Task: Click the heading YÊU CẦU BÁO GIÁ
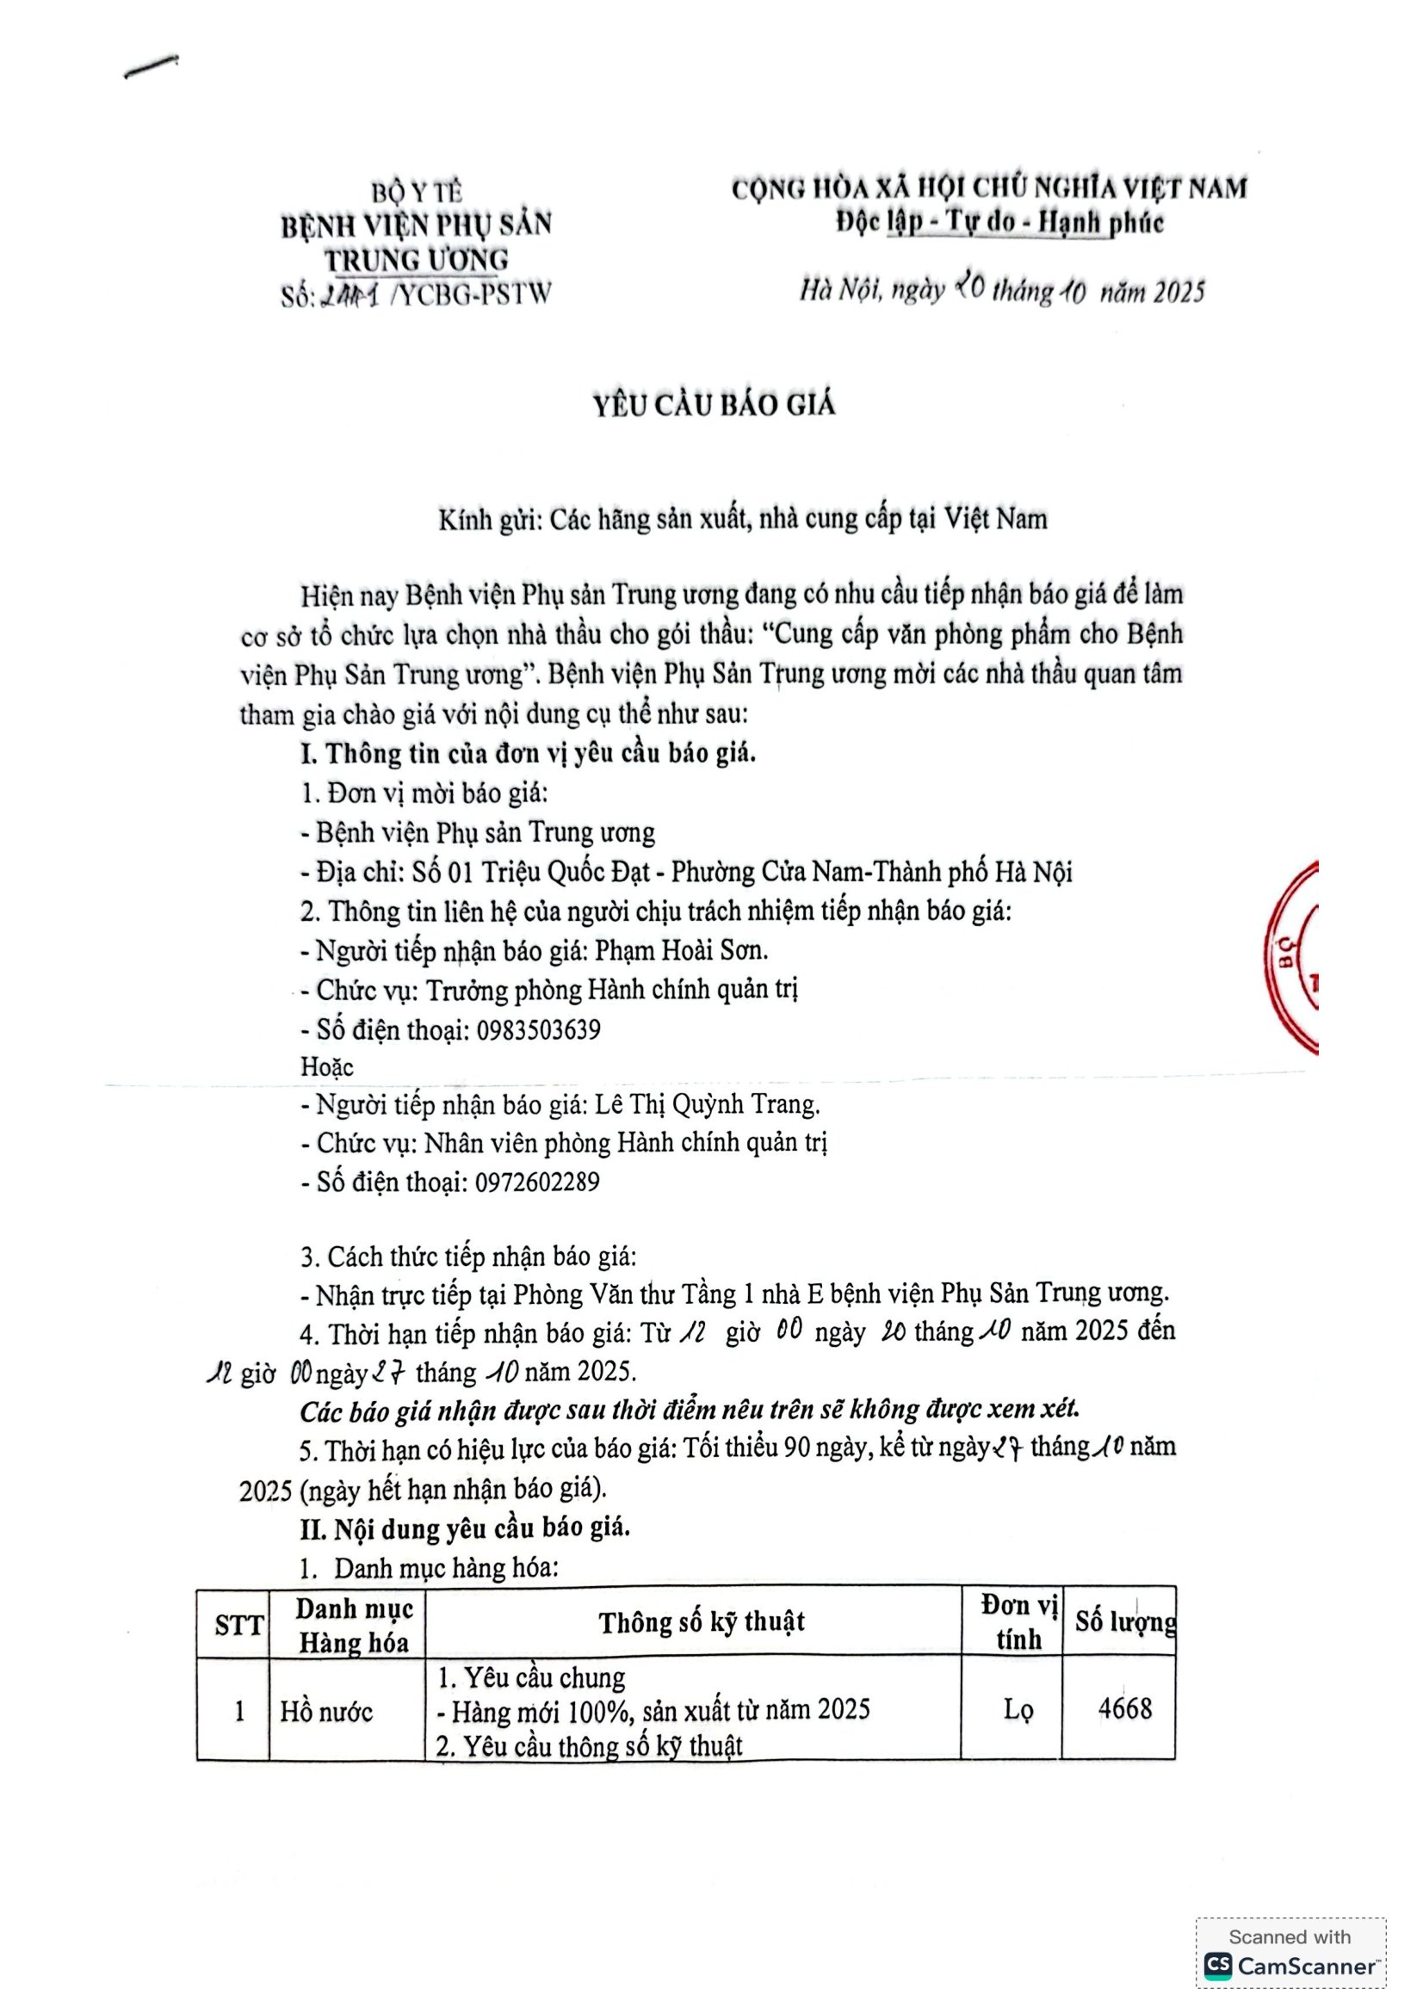click(x=714, y=405)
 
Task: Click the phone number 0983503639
click(x=538, y=1029)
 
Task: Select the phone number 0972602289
click(x=537, y=1182)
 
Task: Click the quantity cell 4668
click(x=1125, y=1707)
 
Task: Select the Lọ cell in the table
click(x=1018, y=1710)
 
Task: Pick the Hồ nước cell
click(x=326, y=1712)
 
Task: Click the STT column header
click(x=238, y=1627)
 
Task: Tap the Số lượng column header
click(x=1125, y=1622)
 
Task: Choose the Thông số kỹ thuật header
click(x=702, y=1623)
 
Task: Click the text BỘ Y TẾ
click(x=417, y=191)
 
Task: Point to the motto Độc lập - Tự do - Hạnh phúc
click(x=999, y=223)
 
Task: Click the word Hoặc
click(x=327, y=1067)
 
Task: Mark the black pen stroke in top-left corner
click(x=151, y=66)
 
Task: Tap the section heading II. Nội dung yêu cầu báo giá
click(x=465, y=1528)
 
